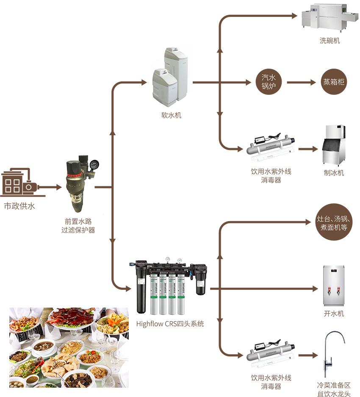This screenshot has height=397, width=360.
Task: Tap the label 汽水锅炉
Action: click(269, 82)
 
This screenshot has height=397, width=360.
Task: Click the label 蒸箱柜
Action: click(334, 82)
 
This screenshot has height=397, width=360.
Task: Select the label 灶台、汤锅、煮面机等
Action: click(334, 223)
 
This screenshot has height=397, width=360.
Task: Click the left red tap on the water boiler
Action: click(328, 292)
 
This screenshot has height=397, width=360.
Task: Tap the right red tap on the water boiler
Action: click(338, 292)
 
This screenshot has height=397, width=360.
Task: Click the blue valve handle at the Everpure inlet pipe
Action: click(126, 265)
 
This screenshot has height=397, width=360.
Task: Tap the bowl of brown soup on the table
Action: click(43, 346)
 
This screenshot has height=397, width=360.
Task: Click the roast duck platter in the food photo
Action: click(72, 318)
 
